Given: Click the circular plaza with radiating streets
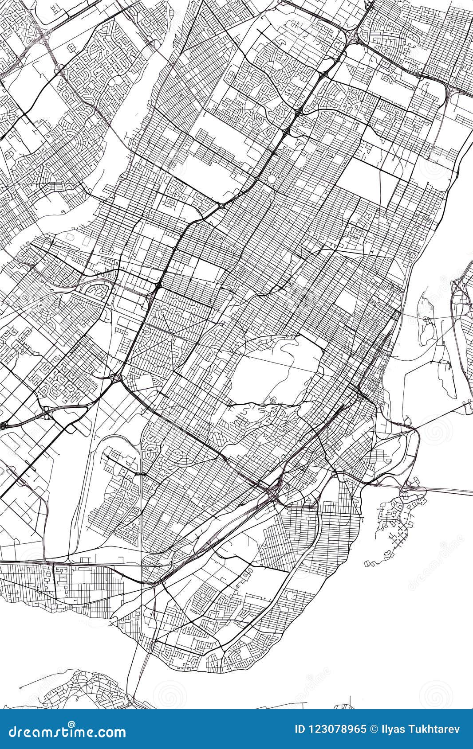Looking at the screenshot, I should point(271,179).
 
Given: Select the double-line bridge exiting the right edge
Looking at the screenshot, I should point(448,491).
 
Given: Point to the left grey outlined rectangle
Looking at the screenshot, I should point(70,237).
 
